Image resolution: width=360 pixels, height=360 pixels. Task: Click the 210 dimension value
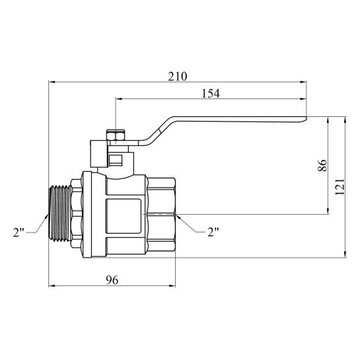178,77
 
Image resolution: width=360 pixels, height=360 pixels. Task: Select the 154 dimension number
211,93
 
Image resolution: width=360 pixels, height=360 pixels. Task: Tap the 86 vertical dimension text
322,165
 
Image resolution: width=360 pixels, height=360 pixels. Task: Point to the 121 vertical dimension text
340,186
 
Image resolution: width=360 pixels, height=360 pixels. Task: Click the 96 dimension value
112,280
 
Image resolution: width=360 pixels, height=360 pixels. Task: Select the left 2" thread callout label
18,233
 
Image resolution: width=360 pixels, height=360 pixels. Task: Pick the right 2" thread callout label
213,232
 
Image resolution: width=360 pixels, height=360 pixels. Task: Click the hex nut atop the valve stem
116,135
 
